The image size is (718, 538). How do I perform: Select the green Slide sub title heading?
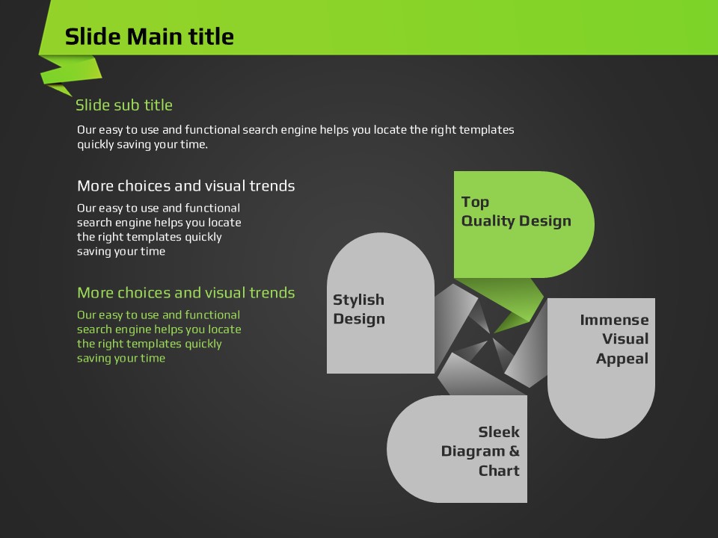[124, 105]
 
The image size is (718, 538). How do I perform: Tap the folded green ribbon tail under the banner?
[70, 73]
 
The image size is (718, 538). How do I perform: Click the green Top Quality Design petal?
[524, 224]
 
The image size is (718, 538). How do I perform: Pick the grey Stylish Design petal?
[381, 303]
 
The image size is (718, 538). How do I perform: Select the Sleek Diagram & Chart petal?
[458, 449]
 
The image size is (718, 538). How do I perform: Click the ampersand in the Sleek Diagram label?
[515, 451]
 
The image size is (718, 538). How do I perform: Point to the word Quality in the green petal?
[488, 221]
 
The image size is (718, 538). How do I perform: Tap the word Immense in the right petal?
[614, 320]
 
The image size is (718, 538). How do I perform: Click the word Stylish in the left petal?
[358, 300]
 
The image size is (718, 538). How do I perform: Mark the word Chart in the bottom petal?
[499, 471]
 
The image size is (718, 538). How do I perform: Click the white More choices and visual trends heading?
[186, 186]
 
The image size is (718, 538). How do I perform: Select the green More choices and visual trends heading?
[186, 293]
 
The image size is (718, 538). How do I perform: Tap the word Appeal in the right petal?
[622, 359]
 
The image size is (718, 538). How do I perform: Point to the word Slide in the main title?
[93, 37]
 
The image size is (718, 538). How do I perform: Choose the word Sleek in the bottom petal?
[499, 432]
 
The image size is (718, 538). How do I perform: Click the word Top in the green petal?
[475, 202]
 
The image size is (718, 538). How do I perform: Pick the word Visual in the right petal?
[625, 339]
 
